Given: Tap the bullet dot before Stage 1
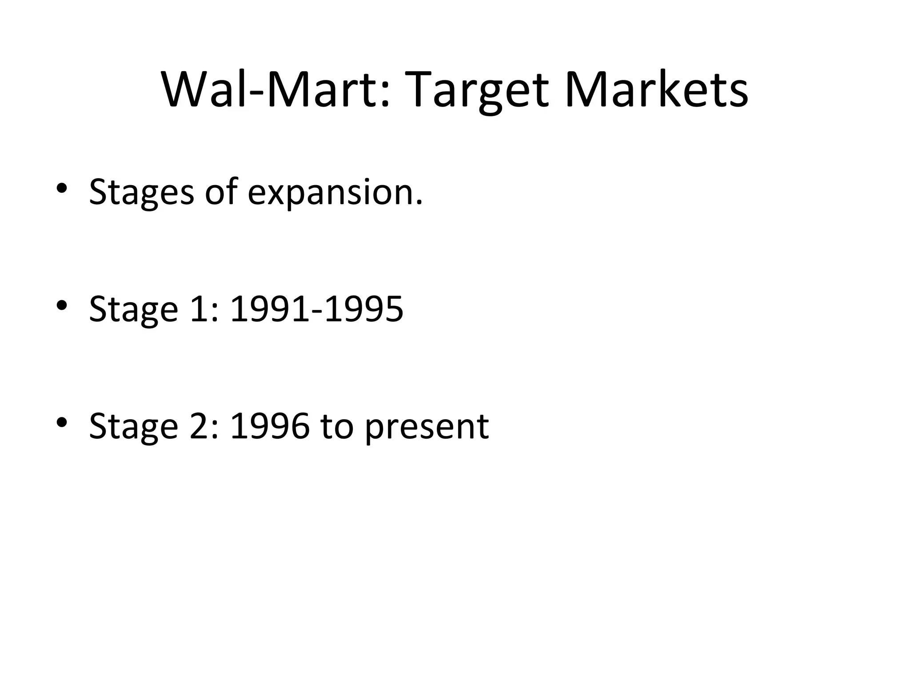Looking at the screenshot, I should click(62, 305).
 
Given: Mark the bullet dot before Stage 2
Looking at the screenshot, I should click(62, 421).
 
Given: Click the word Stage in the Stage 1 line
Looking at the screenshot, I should click(133, 310).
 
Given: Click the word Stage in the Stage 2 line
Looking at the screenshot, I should click(133, 427).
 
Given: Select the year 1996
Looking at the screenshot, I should click(270, 426).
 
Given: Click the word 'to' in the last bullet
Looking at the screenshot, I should click(337, 426).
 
